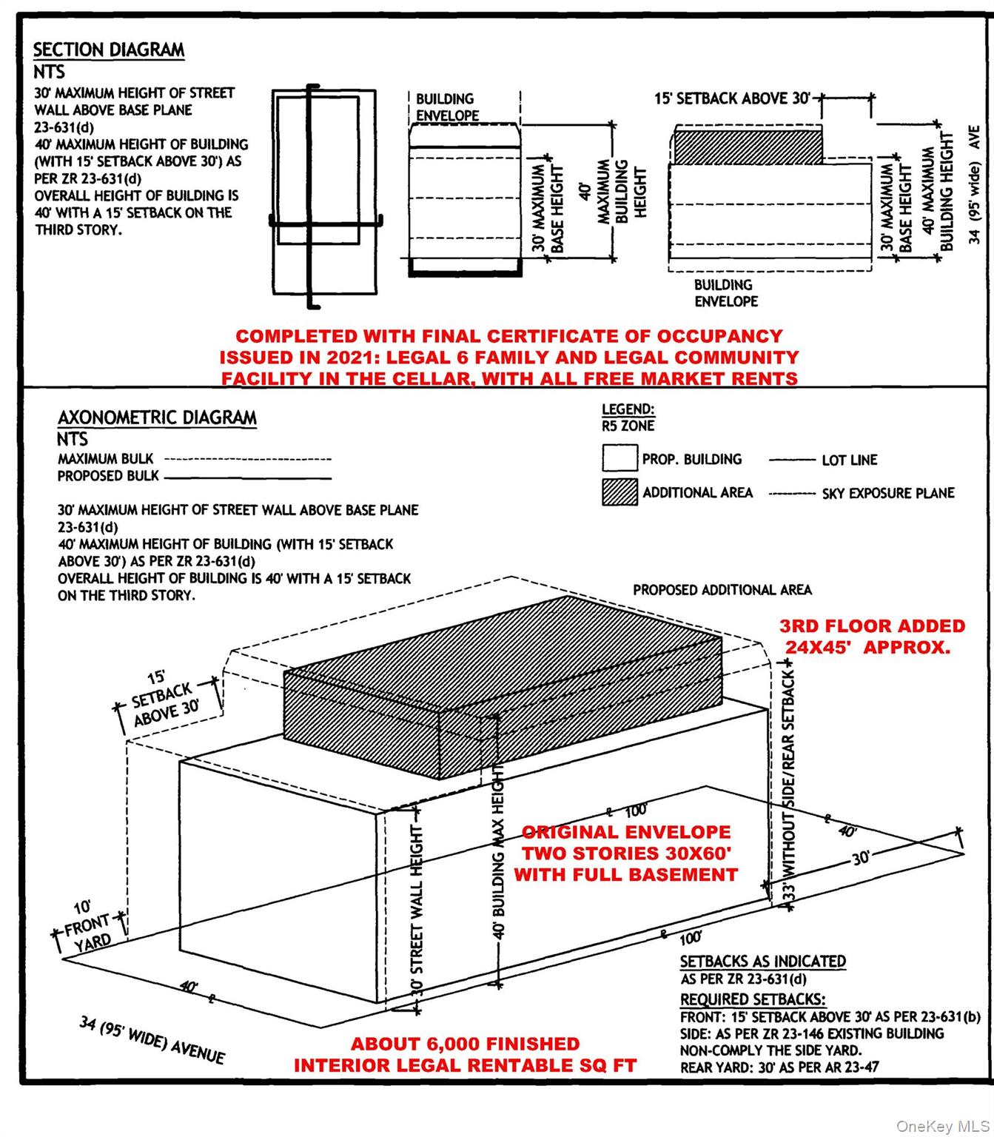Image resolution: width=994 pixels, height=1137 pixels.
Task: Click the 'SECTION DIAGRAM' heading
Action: click(108, 50)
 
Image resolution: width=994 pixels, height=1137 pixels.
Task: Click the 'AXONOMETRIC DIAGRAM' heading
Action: click(157, 417)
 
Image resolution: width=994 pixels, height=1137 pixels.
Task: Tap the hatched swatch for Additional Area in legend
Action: click(619, 493)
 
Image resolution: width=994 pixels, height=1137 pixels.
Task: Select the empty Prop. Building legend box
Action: click(619, 459)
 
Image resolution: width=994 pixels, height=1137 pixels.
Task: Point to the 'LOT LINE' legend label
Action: click(849, 460)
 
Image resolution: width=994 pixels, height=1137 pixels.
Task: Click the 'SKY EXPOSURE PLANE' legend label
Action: click(887, 494)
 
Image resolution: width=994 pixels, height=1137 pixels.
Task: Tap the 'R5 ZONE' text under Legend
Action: click(628, 426)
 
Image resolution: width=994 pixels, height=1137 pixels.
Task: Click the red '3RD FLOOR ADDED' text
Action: click(872, 626)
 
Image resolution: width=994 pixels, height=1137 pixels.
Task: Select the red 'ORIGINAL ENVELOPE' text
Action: click(625, 832)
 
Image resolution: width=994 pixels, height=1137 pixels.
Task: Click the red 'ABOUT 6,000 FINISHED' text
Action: click(465, 1044)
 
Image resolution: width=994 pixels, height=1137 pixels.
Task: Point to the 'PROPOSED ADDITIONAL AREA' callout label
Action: click(722, 590)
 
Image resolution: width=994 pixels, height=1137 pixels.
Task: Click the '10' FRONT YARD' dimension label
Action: click(87, 925)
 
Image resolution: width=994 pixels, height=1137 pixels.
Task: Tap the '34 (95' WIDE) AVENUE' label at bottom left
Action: click(152, 1039)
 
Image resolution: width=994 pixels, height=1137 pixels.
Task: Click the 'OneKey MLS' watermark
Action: click(941, 1126)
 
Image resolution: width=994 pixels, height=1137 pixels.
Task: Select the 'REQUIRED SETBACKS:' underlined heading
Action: click(753, 999)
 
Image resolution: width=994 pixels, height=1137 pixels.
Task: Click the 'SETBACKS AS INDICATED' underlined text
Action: click(762, 962)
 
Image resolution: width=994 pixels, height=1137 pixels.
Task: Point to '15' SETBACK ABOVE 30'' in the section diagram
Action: click(732, 98)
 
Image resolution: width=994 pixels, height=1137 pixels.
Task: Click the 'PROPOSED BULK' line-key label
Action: click(108, 476)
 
